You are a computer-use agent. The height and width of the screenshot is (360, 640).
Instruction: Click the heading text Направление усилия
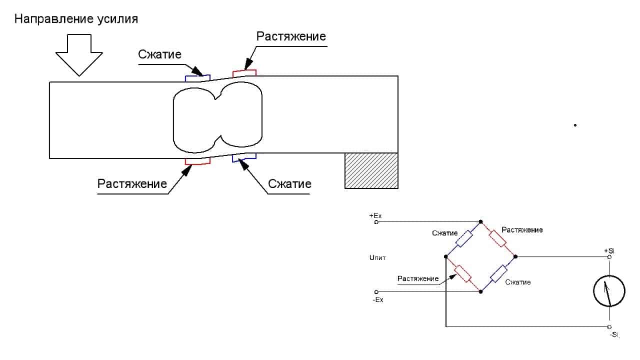click(76, 19)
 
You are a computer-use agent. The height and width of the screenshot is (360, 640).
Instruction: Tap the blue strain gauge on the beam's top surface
click(195, 77)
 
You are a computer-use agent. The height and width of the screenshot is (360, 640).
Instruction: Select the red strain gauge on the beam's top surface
click(244, 73)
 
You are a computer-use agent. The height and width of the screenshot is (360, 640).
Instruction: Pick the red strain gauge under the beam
click(197, 161)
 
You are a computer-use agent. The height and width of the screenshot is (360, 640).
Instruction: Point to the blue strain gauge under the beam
click(244, 158)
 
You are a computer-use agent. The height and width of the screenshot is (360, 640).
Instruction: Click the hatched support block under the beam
click(371, 170)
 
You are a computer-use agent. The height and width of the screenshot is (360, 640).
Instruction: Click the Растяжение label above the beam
click(291, 36)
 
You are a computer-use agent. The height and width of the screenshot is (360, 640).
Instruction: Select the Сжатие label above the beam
click(159, 54)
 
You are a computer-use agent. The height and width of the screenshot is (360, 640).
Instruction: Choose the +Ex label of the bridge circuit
click(375, 215)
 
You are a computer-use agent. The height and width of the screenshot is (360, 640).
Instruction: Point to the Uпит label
click(377, 258)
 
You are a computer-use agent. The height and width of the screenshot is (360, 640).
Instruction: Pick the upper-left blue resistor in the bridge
click(464, 239)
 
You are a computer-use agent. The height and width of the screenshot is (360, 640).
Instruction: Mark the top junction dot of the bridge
click(481, 221)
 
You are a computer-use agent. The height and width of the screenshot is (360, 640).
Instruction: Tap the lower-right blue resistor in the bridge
click(498, 274)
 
